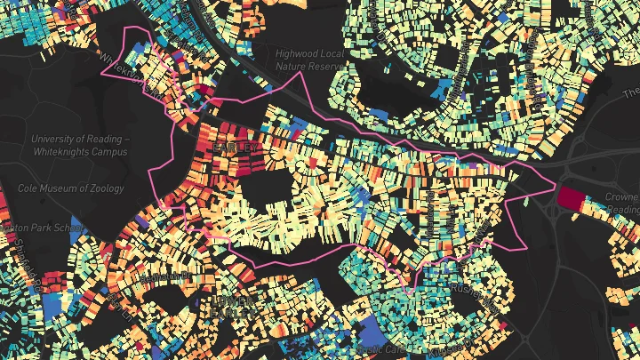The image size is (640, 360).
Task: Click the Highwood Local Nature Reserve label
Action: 309,60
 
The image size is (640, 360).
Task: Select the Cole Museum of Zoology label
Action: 72,188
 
